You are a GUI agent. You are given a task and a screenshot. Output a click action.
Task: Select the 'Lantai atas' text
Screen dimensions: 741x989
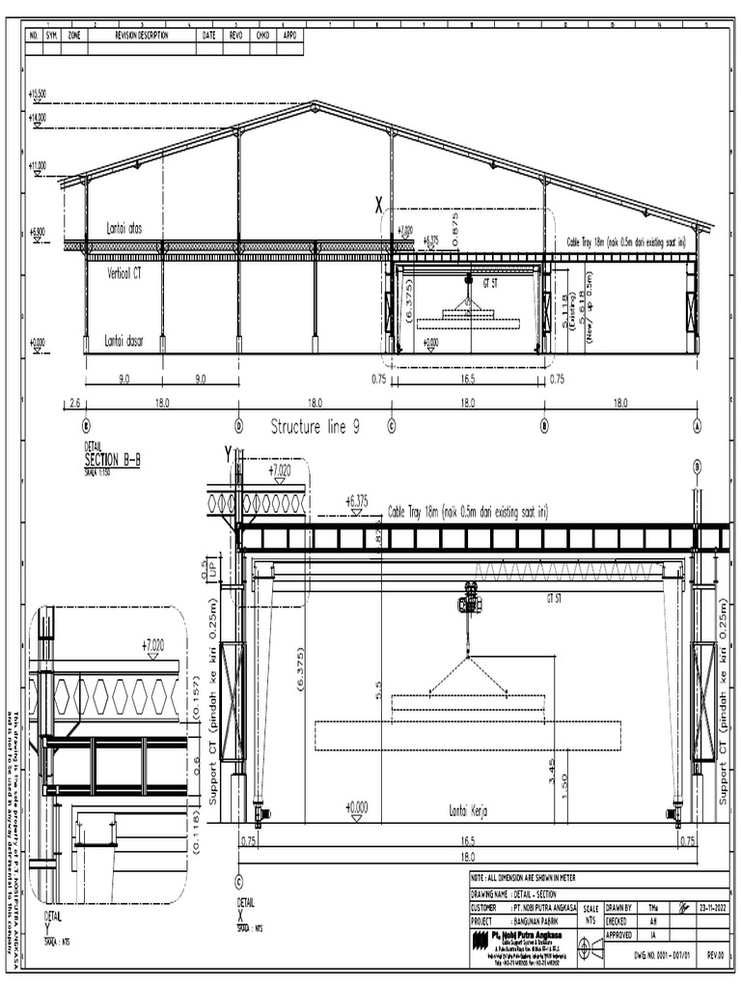pos(126,229)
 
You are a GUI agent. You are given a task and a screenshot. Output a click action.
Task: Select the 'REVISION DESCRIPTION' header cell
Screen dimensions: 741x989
pos(142,36)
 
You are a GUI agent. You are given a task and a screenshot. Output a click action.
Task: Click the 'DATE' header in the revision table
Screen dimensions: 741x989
pos(209,36)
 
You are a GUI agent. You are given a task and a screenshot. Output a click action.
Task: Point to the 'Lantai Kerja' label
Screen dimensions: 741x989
pos(467,812)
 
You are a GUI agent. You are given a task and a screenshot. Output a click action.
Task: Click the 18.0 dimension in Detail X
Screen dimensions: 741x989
pos(468,857)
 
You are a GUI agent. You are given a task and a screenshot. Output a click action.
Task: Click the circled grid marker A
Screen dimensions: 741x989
pos(697,423)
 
